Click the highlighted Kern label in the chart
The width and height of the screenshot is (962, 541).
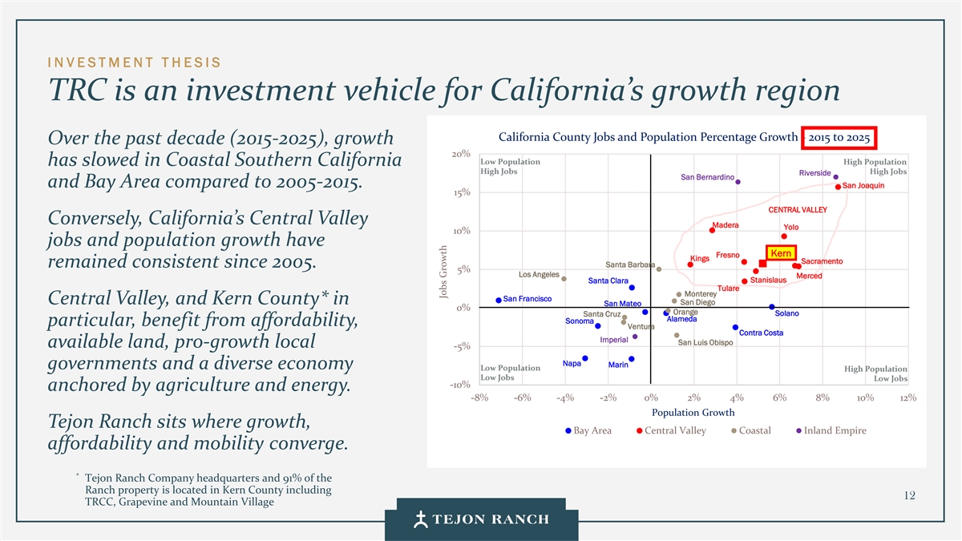(x=781, y=254)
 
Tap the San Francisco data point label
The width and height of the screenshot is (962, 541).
(x=527, y=299)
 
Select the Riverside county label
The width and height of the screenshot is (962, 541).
(x=814, y=173)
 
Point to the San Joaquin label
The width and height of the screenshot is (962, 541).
(x=863, y=186)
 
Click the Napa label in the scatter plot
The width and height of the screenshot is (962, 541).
(x=572, y=363)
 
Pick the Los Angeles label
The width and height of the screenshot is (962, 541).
(x=539, y=275)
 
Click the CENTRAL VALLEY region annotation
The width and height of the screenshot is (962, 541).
(x=797, y=210)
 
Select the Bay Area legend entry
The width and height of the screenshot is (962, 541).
(x=589, y=430)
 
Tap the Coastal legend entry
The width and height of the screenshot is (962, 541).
(x=751, y=430)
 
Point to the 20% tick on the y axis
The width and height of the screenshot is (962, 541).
(x=460, y=154)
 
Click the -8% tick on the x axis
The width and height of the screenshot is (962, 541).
(x=479, y=398)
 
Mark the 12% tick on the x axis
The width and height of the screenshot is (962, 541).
(x=907, y=398)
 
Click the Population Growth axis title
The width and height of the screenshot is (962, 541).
(x=693, y=413)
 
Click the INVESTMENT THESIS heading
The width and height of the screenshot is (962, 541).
(x=135, y=63)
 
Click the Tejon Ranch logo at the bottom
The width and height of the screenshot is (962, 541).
(x=482, y=519)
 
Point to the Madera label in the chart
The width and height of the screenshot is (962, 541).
(x=725, y=225)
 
